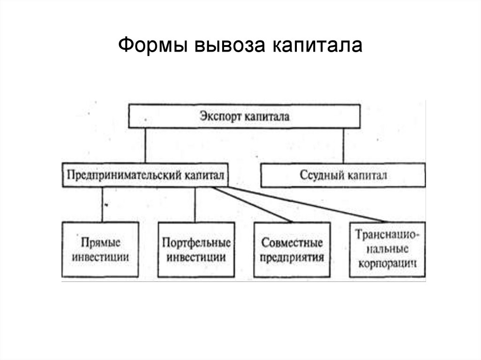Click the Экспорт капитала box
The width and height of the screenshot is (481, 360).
[244, 116]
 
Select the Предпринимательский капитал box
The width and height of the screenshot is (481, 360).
[146, 175]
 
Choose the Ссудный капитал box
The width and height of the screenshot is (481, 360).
[343, 175]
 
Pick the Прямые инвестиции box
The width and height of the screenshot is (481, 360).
[100, 249]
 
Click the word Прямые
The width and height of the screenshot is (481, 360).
[101, 243]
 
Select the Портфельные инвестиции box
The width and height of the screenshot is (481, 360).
[196, 249]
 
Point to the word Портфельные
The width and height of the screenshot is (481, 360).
[196, 243]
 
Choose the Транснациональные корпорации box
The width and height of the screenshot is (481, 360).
[388, 249]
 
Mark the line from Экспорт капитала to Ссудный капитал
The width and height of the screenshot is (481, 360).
[344, 146]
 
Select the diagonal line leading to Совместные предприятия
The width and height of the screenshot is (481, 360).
[254, 205]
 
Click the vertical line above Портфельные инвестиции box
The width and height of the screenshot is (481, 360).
[195, 204]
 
